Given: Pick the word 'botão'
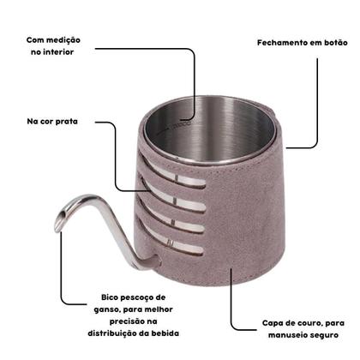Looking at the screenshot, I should (x=327, y=42).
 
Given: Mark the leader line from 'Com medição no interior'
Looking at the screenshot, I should (x=194, y=77).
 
